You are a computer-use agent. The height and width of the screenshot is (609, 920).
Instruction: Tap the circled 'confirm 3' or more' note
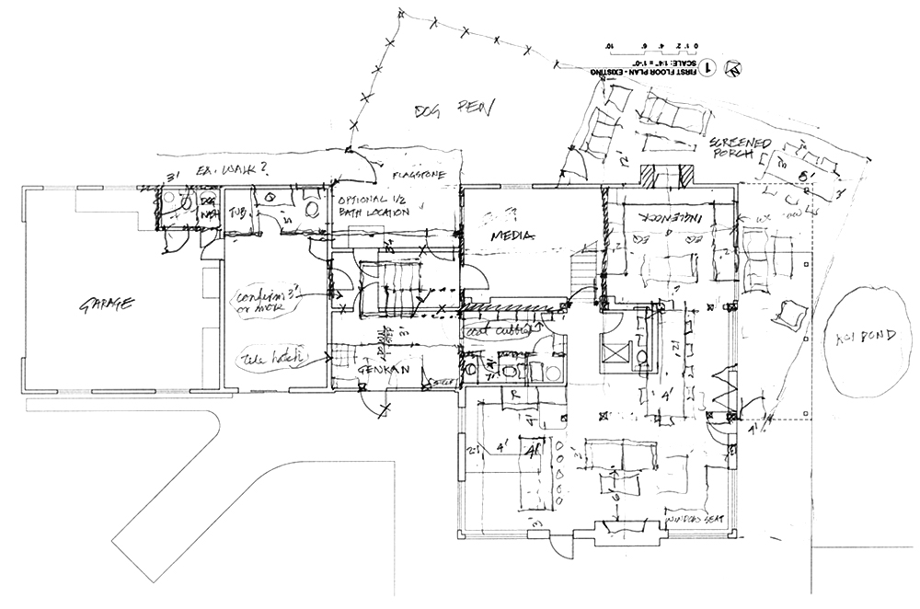265,300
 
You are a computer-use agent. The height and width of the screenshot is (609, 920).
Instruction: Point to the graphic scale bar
653,46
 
